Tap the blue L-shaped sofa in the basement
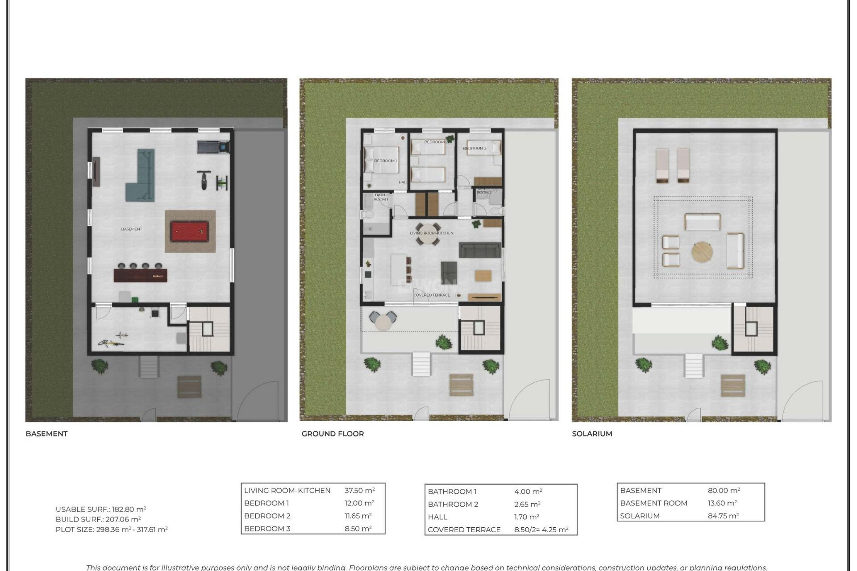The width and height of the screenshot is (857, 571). (142, 178)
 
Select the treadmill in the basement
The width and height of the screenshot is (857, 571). (213, 146)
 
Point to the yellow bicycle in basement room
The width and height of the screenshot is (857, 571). (111, 343)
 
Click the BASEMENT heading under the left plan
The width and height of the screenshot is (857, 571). (46, 434)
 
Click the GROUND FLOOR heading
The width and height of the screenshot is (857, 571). (333, 434)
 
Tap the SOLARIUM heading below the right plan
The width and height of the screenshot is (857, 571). (592, 434)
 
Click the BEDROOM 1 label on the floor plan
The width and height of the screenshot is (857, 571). (385, 161)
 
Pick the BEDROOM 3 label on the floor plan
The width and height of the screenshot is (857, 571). (474, 148)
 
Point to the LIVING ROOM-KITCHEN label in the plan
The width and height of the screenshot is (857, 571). (432, 233)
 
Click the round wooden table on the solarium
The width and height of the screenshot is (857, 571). (702, 252)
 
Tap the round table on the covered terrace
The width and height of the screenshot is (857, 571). (383, 322)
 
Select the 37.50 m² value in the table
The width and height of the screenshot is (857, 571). (359, 490)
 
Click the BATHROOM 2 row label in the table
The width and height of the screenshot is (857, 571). (453, 504)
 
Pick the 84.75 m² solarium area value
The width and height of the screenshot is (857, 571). (723, 516)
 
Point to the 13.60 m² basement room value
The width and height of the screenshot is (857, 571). (722, 503)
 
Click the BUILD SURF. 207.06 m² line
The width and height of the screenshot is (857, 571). (98, 519)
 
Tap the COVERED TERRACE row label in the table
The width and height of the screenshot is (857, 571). (464, 530)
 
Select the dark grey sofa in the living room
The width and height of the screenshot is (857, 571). (480, 250)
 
